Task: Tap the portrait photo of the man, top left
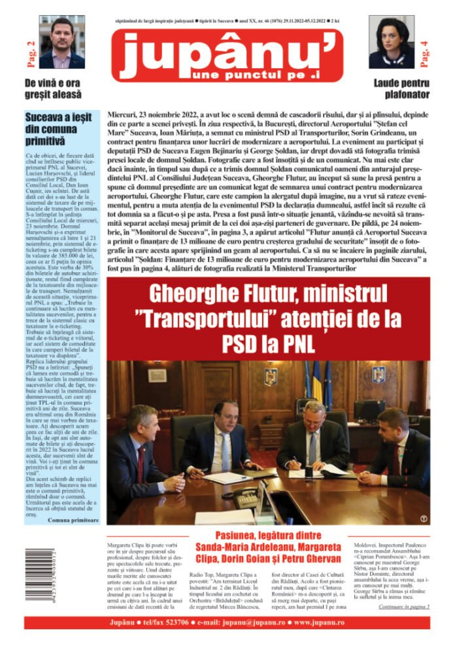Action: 61,43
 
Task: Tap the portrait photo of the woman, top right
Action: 392,43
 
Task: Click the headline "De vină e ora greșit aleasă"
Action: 53,88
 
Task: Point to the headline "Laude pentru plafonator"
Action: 401,88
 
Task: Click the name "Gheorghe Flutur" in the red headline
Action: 209,291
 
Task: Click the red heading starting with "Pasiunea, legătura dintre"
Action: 267,534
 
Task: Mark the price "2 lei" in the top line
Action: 339,21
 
